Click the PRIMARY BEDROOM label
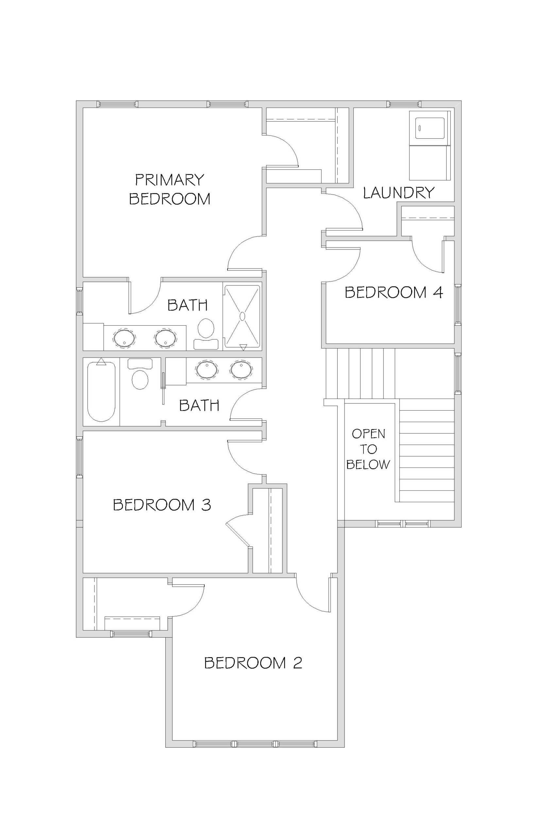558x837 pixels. click(169, 189)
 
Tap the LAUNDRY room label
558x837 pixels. click(398, 193)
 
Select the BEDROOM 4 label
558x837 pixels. click(394, 293)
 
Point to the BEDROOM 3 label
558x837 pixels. click(162, 504)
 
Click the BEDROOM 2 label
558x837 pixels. click(253, 663)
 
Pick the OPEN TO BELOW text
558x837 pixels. click(368, 449)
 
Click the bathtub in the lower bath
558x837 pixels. click(101, 391)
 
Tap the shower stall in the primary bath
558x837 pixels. click(242, 316)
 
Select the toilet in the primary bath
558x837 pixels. click(206, 333)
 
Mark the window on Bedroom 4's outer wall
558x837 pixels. click(458, 305)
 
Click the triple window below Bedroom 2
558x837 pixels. click(255, 744)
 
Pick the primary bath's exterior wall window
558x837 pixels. click(79, 302)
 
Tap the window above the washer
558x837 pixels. click(404, 104)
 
